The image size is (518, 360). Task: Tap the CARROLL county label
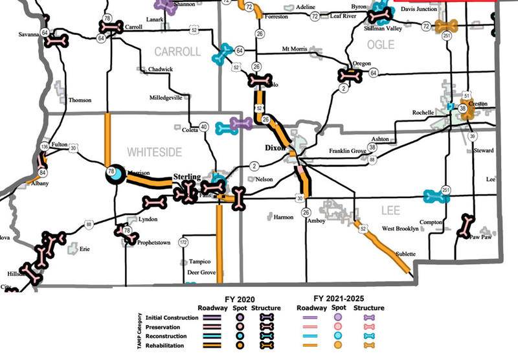coord(177,52)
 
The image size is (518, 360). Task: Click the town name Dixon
coord(275,148)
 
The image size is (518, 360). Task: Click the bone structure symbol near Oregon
coord(350,75)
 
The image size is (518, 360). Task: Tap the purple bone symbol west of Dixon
coord(241,123)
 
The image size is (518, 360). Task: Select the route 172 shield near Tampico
coord(183,242)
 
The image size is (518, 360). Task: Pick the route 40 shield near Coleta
coord(204,127)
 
